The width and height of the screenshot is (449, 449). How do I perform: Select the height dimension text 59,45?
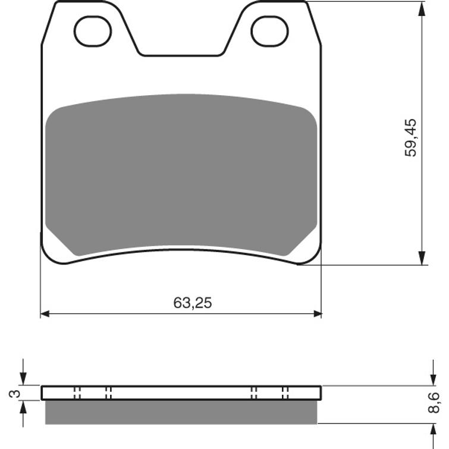click(x=411, y=137)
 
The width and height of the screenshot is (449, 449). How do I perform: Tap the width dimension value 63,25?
click(x=192, y=303)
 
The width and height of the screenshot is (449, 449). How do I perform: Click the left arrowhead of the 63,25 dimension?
click(x=45, y=313)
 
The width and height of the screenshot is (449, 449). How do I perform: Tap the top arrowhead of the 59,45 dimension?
click(x=422, y=8)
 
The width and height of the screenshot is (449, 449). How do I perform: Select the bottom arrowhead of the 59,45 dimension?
click(x=422, y=259)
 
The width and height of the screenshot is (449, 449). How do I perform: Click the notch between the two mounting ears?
click(x=181, y=48)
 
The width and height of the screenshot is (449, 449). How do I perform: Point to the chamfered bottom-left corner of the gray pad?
click(x=59, y=243)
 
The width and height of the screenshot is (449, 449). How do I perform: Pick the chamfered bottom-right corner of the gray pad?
click(x=303, y=243)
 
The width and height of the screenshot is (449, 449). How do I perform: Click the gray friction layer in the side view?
click(x=181, y=412)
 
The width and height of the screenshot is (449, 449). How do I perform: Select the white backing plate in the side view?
click(x=181, y=393)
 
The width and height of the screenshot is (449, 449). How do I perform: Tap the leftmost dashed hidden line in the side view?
click(x=76, y=393)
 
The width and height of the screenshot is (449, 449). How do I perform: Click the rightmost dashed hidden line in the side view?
click(x=285, y=393)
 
